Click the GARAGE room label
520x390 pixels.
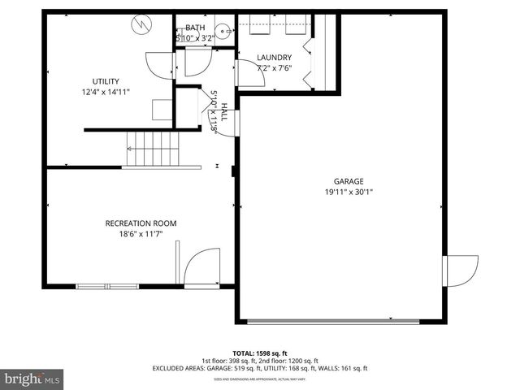pyautogui.click(x=348, y=182)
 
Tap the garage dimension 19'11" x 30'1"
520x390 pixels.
pyautogui.click(x=348, y=193)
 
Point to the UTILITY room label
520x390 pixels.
pyautogui.click(x=106, y=81)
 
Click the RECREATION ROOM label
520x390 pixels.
pyautogui.click(x=141, y=223)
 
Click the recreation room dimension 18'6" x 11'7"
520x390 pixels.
pyautogui.click(x=141, y=234)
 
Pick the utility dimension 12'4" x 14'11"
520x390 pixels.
pyautogui.click(x=106, y=92)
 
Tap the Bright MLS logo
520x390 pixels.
pyautogui.click(x=32, y=379)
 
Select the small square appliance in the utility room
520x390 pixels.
pyautogui.click(x=162, y=109)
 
